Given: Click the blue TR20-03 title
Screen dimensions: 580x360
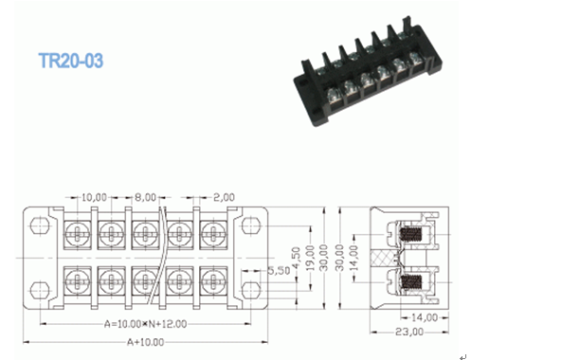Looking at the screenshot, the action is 71,61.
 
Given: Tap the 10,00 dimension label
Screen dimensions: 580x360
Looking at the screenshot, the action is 94,197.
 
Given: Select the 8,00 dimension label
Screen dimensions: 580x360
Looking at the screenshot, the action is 145,197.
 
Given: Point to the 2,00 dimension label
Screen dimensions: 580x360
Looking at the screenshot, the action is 225,197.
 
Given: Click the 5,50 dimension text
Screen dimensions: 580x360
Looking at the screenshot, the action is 279,271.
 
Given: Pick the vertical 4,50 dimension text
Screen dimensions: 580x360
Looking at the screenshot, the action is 296,258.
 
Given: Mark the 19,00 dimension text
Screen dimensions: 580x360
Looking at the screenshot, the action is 310,258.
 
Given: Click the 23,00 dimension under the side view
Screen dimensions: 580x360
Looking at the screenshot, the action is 409,332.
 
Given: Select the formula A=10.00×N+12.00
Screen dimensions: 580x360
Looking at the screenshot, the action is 145,324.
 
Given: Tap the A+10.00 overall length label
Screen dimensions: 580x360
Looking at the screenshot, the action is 145,342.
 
